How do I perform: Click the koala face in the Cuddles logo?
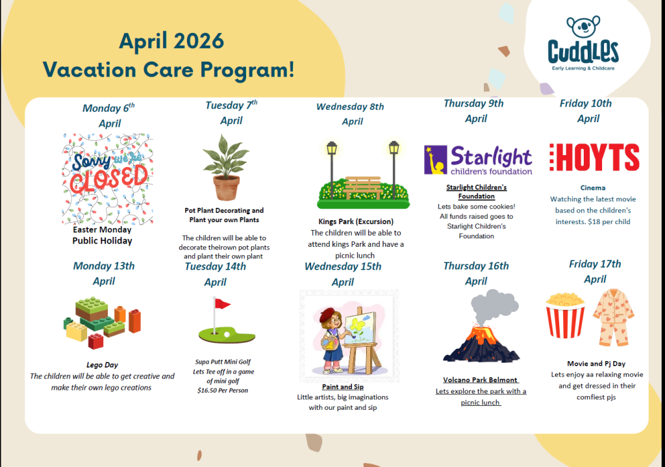(584, 26)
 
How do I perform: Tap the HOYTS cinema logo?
(594, 157)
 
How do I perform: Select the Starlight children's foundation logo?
(478, 160)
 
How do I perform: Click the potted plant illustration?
(225, 167)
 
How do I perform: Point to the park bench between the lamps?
(363, 188)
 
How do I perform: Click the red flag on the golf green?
(222, 303)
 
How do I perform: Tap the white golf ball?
(227, 334)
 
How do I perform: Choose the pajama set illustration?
(613, 316)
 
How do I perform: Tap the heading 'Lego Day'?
(102, 365)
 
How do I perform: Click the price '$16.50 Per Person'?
(223, 390)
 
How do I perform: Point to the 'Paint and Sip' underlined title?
(343, 387)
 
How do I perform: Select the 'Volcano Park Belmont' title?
(480, 379)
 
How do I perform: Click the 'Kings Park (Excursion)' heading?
(356, 221)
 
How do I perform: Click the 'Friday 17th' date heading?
(595, 264)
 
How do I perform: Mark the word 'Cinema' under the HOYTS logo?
(593, 188)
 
